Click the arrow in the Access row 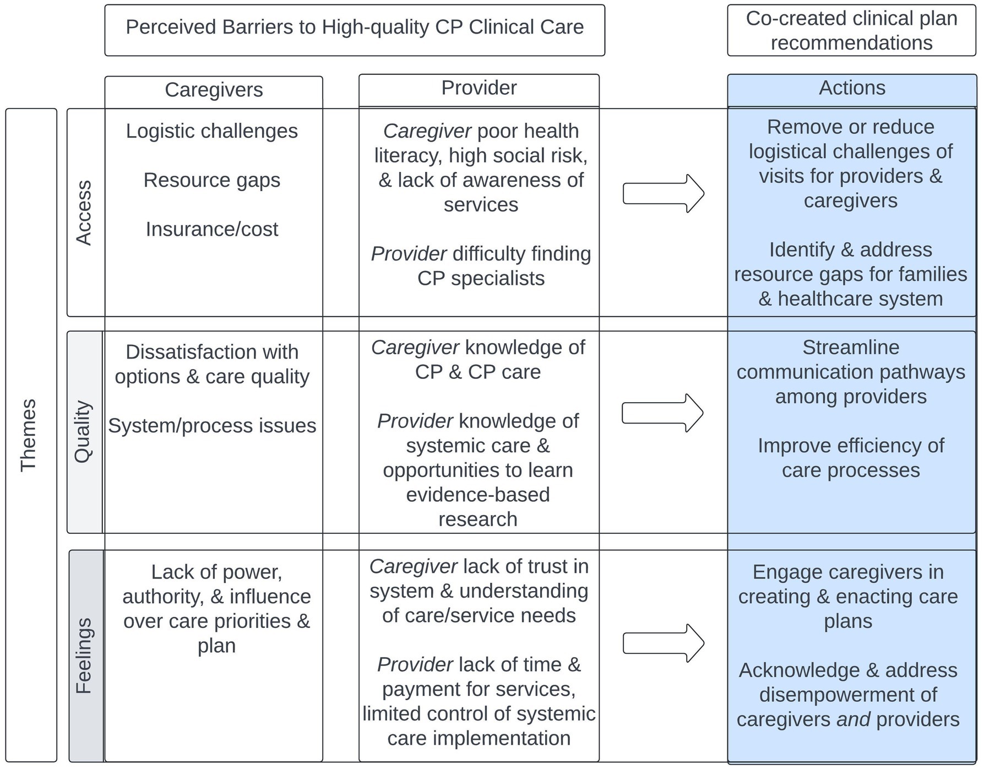click(x=663, y=193)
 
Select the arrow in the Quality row click(x=662, y=413)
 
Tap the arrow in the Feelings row click(x=663, y=643)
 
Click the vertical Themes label click(x=28, y=435)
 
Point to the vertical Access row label click(x=84, y=212)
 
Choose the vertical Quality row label click(x=84, y=431)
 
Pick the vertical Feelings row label click(x=84, y=655)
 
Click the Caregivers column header click(x=214, y=90)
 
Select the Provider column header click(x=479, y=88)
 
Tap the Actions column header click(x=851, y=88)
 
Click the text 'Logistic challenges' click(x=212, y=131)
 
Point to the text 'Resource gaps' click(x=212, y=180)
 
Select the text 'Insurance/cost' click(x=212, y=229)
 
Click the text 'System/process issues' click(x=212, y=426)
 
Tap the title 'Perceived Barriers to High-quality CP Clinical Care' click(x=355, y=27)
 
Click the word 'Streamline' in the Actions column click(x=851, y=348)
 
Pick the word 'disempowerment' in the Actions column click(x=848, y=695)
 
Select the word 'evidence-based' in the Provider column click(x=478, y=495)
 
